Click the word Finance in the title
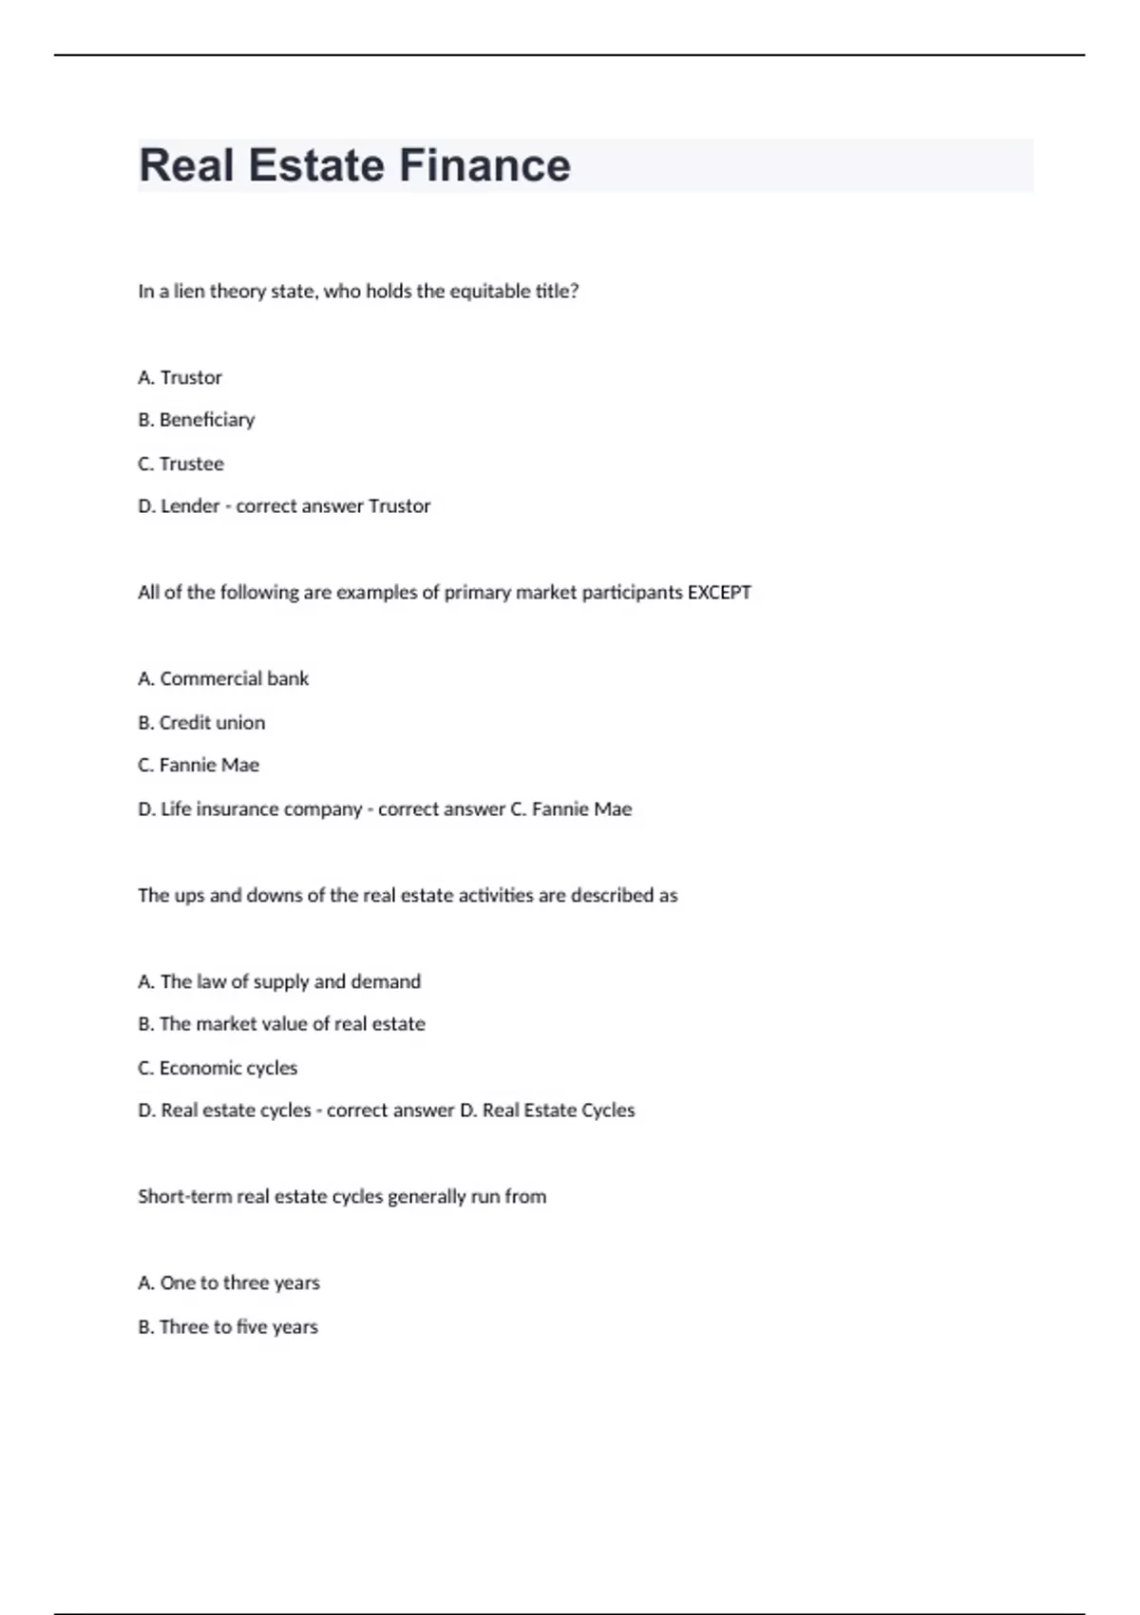point(484,165)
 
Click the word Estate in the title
point(315,165)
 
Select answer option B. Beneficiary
point(197,420)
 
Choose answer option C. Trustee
point(181,464)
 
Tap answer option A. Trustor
point(180,377)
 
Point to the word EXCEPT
point(719,593)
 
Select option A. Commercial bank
point(223,678)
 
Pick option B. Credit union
point(201,722)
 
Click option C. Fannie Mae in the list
point(199,765)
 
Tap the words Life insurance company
point(261,809)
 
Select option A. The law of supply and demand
point(279,981)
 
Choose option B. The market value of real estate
point(281,1024)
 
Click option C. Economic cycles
point(218,1068)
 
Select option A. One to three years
point(229,1282)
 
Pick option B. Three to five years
point(228,1326)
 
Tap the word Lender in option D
point(190,506)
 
